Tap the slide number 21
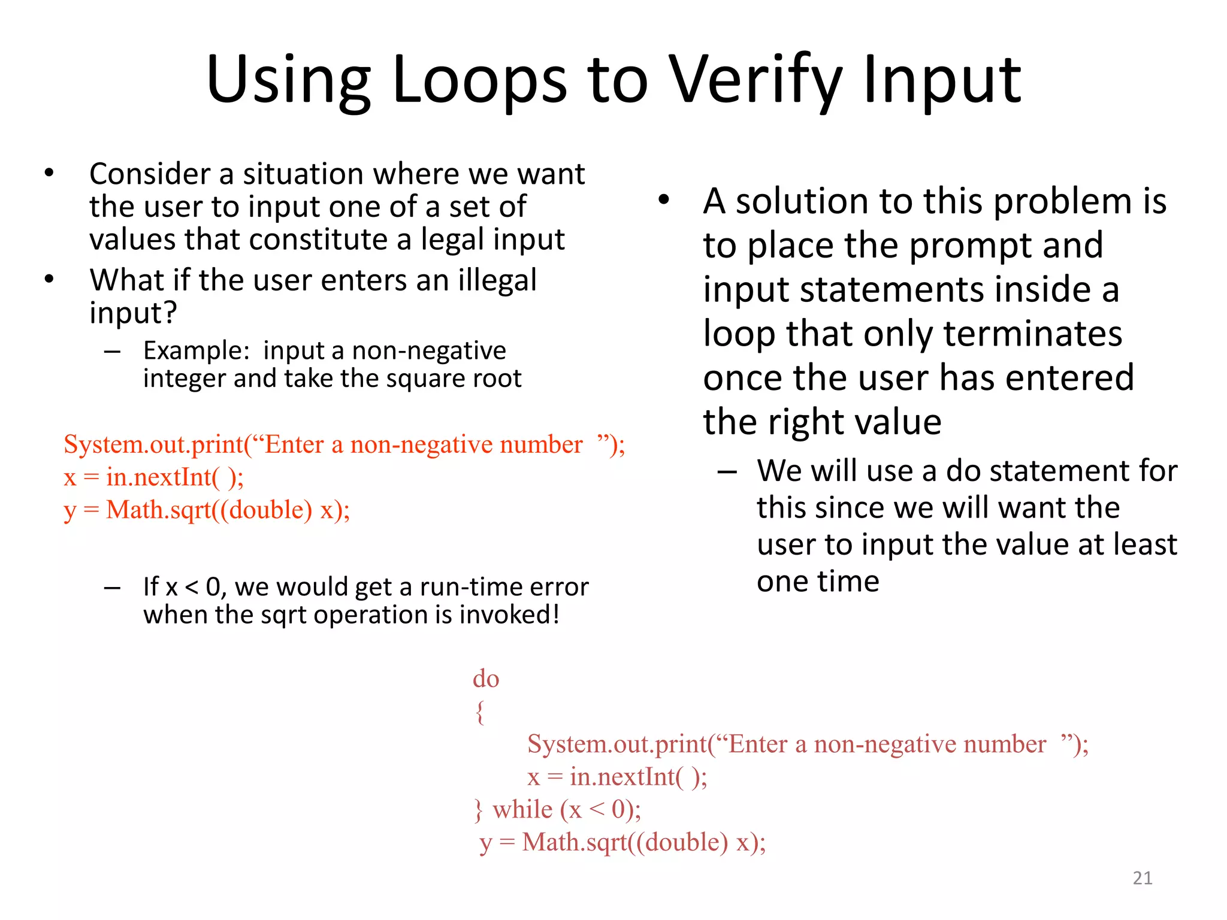coord(1143,878)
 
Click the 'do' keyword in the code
coord(485,679)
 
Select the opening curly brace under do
coord(479,712)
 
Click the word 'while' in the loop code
coord(522,810)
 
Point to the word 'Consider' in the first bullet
coord(150,174)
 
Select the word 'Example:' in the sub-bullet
coord(196,350)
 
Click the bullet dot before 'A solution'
coord(663,201)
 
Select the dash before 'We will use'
coord(727,472)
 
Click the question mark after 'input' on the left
coord(170,313)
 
